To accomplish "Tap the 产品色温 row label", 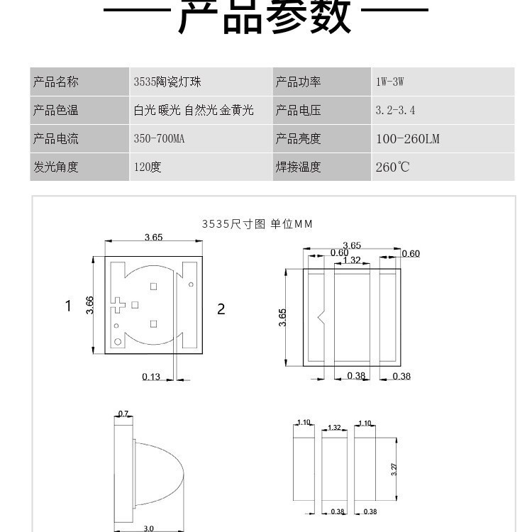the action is click(x=55, y=110).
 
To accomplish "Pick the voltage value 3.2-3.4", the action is click(x=395, y=110).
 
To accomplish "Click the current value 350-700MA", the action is click(x=159, y=138).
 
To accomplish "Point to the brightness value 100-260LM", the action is click(x=408, y=139).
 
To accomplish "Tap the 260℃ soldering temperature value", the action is click(x=392, y=167).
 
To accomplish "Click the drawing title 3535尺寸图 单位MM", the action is click(x=257, y=224).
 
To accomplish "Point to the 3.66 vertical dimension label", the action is click(x=89, y=305).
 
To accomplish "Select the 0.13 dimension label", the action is click(x=151, y=377).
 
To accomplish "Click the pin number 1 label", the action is click(x=68, y=306).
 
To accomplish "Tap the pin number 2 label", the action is click(x=221, y=309).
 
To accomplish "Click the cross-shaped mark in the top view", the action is click(x=118, y=305).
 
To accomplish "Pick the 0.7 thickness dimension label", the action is click(x=123, y=414).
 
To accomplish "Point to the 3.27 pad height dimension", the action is click(x=394, y=470).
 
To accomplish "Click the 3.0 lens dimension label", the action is click(x=149, y=528).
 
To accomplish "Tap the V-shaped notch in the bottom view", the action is click(x=321, y=317).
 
